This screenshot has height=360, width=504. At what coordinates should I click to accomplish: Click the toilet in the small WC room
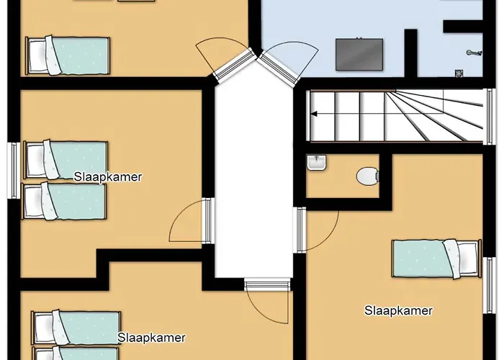click(368, 176)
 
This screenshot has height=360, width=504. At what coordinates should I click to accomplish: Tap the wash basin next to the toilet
click(317, 162)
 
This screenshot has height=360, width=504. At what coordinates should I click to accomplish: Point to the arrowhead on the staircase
click(314, 114)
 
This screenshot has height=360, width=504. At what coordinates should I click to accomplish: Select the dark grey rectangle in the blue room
click(359, 54)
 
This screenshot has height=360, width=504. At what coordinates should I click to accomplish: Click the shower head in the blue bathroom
click(474, 52)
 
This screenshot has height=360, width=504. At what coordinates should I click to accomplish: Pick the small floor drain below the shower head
click(459, 73)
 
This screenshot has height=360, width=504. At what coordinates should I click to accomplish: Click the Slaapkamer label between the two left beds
click(108, 177)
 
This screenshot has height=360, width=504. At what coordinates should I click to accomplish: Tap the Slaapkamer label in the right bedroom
click(398, 311)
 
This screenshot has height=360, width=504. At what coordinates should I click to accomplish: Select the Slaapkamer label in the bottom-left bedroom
click(151, 338)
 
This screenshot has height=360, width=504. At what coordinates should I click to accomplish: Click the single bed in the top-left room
click(68, 55)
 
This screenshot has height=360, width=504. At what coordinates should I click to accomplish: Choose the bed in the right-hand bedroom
click(436, 258)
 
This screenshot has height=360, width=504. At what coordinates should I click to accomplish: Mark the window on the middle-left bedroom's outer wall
click(14, 171)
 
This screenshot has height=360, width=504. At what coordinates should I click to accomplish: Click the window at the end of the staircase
click(490, 117)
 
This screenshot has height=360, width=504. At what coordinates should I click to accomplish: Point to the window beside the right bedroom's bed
click(490, 285)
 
